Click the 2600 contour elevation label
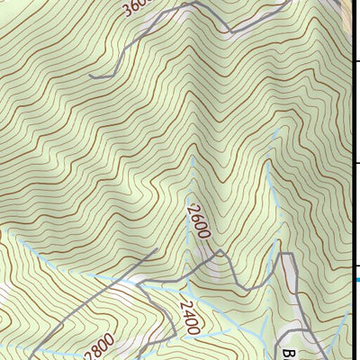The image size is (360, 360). [x=197, y=221]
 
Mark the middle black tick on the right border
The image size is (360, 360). [x=356, y=163]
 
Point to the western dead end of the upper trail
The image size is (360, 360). [x=91, y=77]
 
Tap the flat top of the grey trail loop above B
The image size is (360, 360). [x=287, y=255]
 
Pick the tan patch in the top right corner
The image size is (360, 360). [x=351, y=9]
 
